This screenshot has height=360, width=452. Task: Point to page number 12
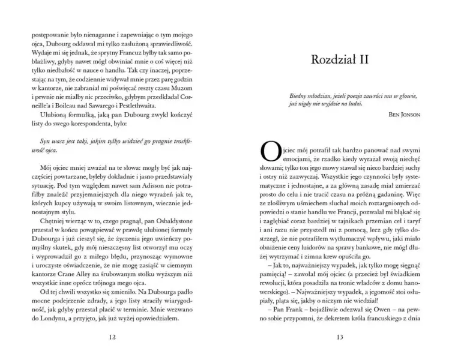112,337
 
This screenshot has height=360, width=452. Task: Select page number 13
339,337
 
